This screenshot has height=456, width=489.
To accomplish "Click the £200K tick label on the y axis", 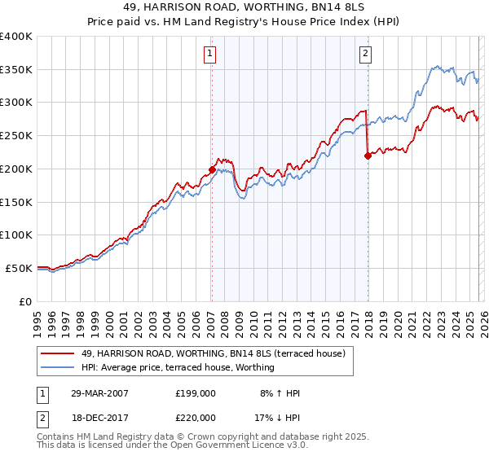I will click(x=16, y=169).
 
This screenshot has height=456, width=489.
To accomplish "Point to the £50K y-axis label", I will click(x=19, y=268).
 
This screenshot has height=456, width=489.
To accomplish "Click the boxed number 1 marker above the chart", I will click(x=210, y=55).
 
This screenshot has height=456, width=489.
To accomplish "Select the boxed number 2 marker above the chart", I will click(x=364, y=55).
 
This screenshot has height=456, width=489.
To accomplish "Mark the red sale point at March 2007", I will click(x=212, y=169).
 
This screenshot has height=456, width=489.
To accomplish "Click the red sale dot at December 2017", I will click(x=368, y=156).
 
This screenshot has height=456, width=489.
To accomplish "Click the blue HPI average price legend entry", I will click(x=178, y=367).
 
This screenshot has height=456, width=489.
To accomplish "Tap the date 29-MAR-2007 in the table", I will click(x=100, y=393).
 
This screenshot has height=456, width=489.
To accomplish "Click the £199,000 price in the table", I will click(x=195, y=393).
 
